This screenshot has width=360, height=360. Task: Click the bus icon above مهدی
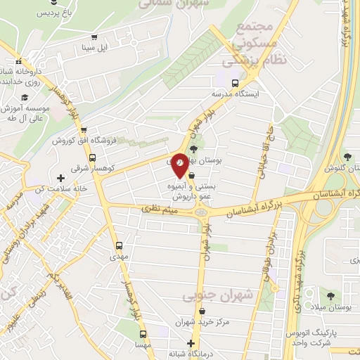119,246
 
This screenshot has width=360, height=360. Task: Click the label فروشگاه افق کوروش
78,141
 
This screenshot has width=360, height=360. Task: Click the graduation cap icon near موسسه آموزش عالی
25,98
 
